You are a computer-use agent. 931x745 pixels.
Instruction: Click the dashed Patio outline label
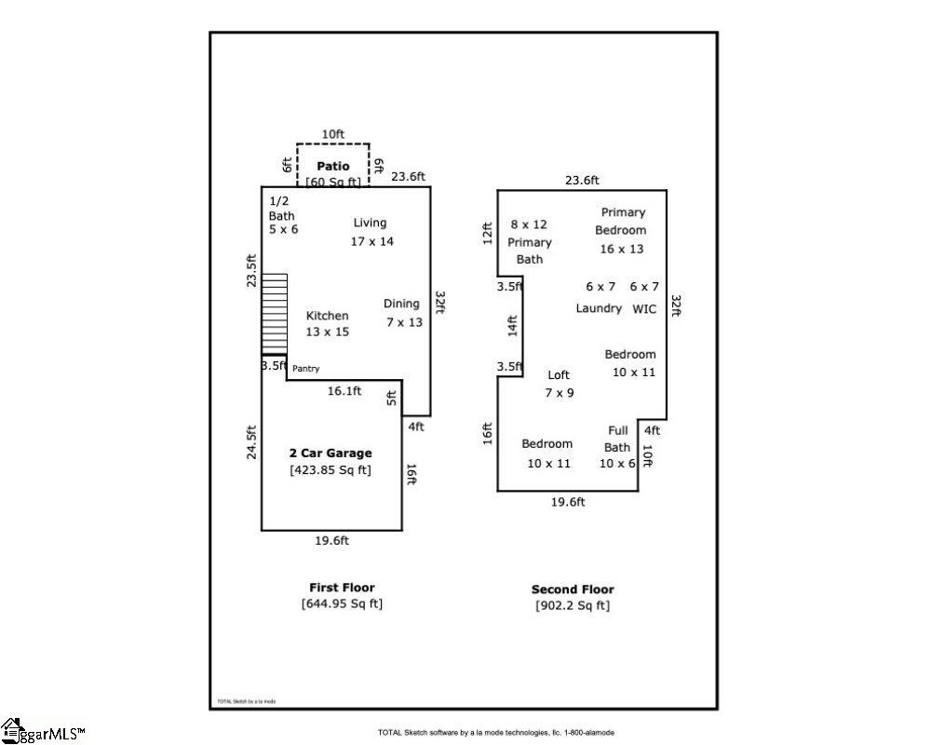(332, 166)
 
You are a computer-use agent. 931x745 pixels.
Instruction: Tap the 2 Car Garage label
(331, 454)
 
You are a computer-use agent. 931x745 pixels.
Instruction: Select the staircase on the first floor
(275, 314)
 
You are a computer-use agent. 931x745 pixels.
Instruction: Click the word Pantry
(305, 369)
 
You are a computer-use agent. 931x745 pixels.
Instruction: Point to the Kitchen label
(327, 316)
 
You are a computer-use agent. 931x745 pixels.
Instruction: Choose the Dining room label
(402, 304)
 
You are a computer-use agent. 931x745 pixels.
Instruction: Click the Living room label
(370, 223)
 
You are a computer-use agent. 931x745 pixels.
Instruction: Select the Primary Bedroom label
(622, 222)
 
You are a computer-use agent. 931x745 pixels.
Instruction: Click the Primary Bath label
(529, 251)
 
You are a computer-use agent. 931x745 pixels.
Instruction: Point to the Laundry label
(598, 308)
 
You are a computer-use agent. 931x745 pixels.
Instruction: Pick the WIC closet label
(644, 308)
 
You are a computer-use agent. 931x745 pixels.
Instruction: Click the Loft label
(559, 375)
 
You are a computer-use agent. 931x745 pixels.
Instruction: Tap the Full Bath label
(617, 439)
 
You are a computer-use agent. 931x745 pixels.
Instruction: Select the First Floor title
(342, 588)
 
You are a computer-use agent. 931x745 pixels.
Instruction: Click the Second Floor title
(573, 589)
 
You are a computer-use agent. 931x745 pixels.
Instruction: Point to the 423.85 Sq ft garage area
(331, 470)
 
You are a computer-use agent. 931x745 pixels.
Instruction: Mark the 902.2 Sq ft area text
(573, 605)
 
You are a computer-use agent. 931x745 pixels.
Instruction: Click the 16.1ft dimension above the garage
(344, 392)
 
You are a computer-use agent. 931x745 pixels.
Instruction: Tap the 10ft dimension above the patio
(333, 134)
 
